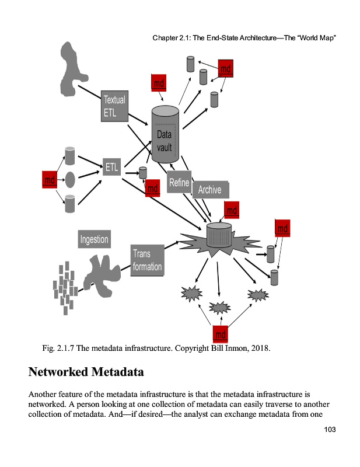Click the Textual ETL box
(114, 106)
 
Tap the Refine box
(179, 183)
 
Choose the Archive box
(210, 190)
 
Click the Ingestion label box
(93, 239)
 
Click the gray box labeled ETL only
(112, 168)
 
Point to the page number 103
(331, 430)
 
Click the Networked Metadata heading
(86, 371)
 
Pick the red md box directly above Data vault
(159, 83)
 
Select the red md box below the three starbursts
(221, 334)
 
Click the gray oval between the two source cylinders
(70, 178)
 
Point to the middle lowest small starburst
(220, 306)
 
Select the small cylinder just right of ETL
(142, 173)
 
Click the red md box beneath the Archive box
(232, 209)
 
